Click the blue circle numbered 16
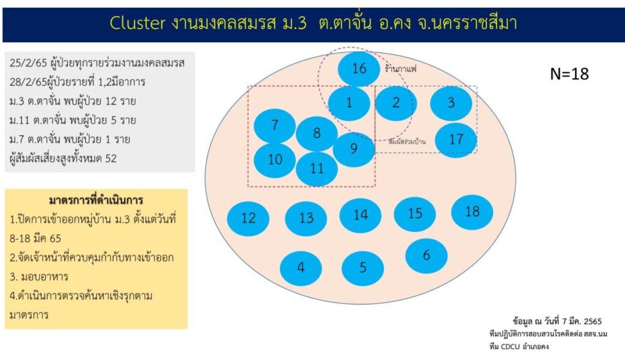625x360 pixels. (359, 69)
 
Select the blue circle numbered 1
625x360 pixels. (349, 103)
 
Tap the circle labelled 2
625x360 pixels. (396, 103)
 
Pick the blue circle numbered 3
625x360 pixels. (451, 103)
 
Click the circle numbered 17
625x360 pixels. (456, 140)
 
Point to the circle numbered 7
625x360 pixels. (275, 126)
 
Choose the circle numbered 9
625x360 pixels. (353, 149)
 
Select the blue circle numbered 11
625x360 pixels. (317, 168)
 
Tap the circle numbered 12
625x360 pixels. (248, 218)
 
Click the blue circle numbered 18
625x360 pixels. (472, 212)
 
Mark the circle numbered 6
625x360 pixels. (426, 256)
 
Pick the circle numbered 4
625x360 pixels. (300, 268)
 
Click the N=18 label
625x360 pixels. (569, 74)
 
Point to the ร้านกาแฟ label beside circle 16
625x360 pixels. (400, 69)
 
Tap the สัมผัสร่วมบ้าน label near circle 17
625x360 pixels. (407, 141)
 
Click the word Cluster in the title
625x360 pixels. (137, 23)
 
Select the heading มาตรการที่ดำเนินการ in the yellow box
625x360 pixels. (96, 200)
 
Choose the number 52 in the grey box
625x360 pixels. (111, 159)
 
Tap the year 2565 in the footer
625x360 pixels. (593, 321)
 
